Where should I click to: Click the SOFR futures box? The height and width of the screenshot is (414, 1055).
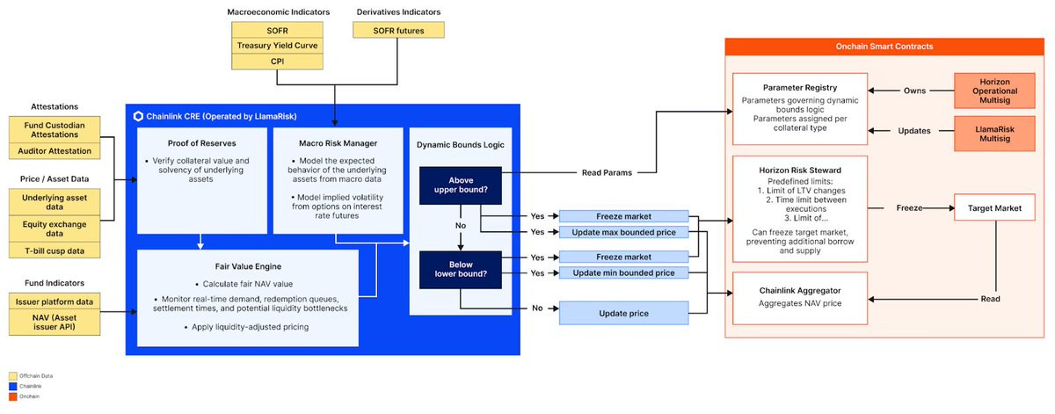tap(398, 29)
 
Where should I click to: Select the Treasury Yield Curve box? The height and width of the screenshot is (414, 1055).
tap(278, 45)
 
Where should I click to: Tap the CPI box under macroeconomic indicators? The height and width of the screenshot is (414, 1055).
tap(278, 61)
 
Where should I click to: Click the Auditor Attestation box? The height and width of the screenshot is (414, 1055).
tap(61, 151)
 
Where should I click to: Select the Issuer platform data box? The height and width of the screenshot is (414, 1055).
tap(61, 300)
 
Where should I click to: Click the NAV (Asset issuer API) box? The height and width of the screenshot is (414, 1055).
tap(61, 323)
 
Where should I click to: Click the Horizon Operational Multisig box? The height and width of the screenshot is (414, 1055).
tap(994, 91)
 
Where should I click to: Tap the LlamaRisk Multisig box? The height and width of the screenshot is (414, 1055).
tap(994, 130)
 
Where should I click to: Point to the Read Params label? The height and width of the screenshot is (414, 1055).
tap(607, 172)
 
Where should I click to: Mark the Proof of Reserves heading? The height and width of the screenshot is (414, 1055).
tap(201, 143)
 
